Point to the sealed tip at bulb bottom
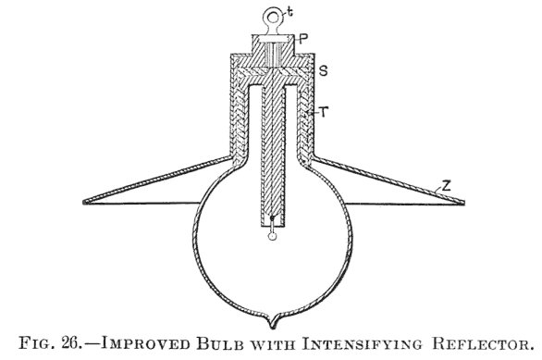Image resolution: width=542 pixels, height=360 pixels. pos(272,322)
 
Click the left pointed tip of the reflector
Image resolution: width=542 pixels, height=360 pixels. pos(83,201)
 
